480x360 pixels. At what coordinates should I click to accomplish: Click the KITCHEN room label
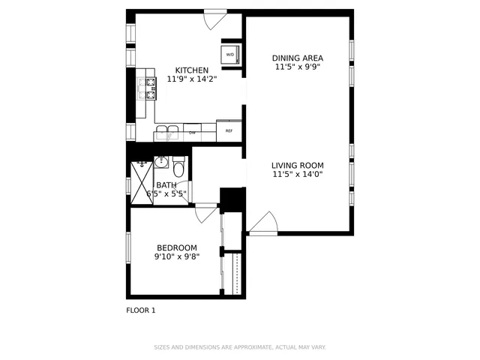point(192,70)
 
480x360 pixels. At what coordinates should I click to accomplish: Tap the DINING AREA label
point(298,57)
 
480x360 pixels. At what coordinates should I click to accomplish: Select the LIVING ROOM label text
point(298,166)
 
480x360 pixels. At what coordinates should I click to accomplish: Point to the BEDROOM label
point(177,248)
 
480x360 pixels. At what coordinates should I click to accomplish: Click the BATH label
point(166,185)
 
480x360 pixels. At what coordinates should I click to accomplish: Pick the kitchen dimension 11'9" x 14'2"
point(192,79)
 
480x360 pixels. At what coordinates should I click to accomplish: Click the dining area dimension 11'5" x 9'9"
point(298,67)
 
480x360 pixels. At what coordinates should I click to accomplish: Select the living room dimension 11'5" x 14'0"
point(298,175)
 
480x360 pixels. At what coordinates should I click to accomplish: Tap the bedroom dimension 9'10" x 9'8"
point(177,257)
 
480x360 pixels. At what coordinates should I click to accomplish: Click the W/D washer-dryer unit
point(229,55)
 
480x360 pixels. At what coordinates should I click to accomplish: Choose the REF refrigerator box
point(229,130)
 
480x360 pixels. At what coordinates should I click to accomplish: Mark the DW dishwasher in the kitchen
point(192,133)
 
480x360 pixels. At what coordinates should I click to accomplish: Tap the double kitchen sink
point(167,131)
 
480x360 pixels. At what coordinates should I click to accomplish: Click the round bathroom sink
point(160,162)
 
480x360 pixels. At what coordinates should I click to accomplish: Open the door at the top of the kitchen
point(215,19)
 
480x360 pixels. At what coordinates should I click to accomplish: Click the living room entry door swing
point(264,223)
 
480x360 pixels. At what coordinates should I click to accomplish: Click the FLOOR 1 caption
point(141,310)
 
